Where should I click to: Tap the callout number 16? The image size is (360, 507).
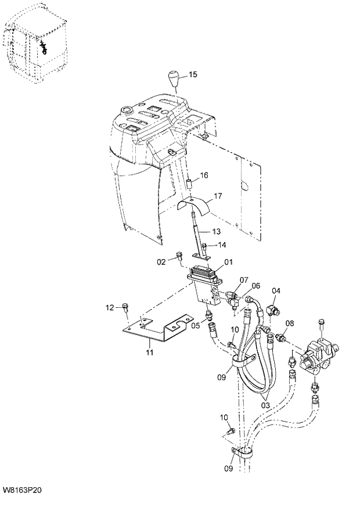[204, 175]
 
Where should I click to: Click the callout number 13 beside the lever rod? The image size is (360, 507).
[216, 232]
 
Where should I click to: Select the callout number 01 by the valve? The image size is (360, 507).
[228, 263]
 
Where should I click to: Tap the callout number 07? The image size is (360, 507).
[243, 280]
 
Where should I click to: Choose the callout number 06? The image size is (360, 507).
[255, 286]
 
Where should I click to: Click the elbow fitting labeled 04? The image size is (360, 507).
[273, 307]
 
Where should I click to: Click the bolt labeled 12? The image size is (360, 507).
[125, 306]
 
